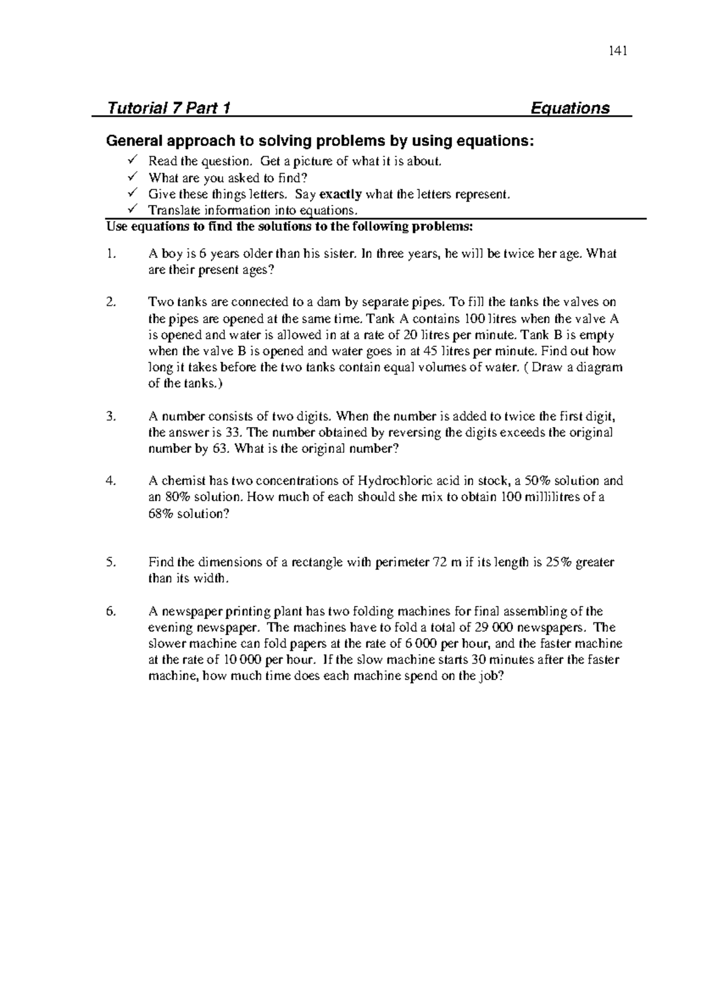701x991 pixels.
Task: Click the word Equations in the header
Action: (x=570, y=108)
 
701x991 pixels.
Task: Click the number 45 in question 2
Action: (x=429, y=352)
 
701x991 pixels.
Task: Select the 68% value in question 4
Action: (x=161, y=514)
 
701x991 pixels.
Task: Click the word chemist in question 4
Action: (x=181, y=481)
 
